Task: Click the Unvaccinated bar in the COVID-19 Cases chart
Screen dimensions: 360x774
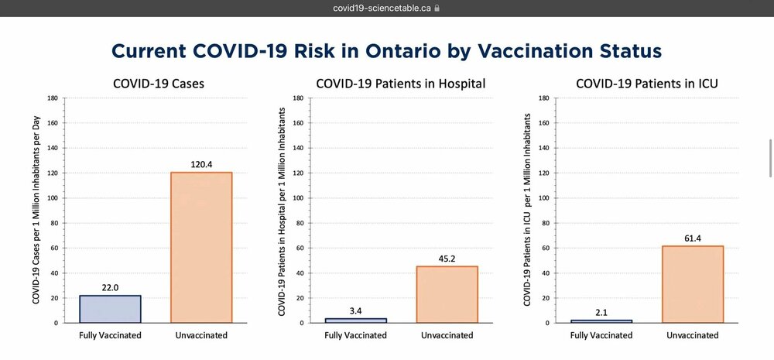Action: point(201,247)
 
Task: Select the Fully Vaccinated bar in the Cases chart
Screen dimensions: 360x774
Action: point(110,309)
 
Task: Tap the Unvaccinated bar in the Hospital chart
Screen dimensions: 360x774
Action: point(447,294)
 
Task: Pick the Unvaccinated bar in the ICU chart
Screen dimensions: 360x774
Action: point(693,284)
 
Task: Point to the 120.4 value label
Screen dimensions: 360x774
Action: point(201,164)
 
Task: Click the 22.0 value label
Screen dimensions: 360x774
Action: point(110,287)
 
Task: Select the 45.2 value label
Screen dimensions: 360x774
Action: point(447,259)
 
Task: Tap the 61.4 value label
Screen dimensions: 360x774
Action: point(693,238)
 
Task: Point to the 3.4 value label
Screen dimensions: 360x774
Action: point(355,310)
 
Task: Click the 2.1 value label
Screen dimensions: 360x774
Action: point(601,312)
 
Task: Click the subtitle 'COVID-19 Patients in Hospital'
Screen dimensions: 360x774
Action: point(401,83)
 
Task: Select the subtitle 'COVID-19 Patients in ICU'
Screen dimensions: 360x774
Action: point(647,83)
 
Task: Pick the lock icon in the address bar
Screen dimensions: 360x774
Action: point(437,9)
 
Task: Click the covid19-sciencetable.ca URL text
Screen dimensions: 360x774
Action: point(382,9)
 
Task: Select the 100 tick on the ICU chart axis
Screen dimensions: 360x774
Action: point(543,198)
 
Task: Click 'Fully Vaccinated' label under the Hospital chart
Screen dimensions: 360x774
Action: point(355,335)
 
